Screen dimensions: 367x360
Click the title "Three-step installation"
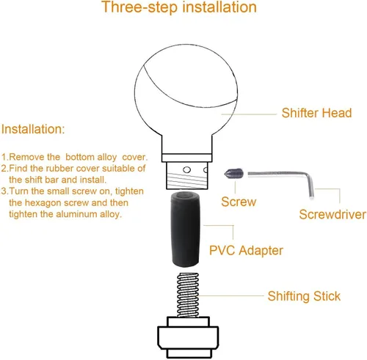point(179,7)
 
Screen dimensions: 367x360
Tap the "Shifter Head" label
point(316,113)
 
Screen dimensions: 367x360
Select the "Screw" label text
point(239,202)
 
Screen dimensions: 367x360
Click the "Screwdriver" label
point(333,215)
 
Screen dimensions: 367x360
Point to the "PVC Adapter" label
point(246,251)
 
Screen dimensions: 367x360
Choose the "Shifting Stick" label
point(304,296)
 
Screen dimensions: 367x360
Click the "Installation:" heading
point(33,129)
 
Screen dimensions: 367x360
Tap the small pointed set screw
point(233,174)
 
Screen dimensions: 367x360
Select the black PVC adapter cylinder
point(185,229)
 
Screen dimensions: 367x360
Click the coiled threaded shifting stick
point(188,295)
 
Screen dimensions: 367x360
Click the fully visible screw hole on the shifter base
point(187,169)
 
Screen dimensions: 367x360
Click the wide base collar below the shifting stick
point(188,337)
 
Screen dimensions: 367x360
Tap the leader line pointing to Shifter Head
point(249,114)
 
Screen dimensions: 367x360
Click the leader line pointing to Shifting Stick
point(231,295)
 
